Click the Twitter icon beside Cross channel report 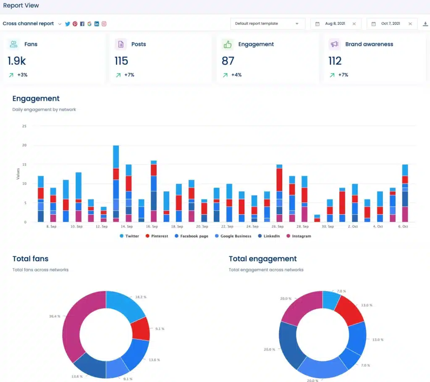click(x=68, y=24)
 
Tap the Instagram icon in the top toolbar click(x=104, y=24)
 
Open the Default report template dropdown click(x=267, y=24)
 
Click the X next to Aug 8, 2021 click(x=354, y=24)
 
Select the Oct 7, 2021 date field click(x=390, y=24)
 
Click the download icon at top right click(x=425, y=24)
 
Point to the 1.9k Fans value click(x=17, y=61)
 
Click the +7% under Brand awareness click(x=343, y=75)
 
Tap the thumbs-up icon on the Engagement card click(x=228, y=44)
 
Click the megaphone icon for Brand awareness click(x=335, y=44)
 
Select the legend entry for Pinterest click(x=157, y=236)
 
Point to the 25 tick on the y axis click(x=24, y=126)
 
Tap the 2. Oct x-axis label click(x=353, y=226)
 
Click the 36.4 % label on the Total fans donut click(x=55, y=316)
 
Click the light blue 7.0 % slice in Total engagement click(x=331, y=300)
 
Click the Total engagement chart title click(x=262, y=259)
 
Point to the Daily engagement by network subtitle click(x=44, y=109)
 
